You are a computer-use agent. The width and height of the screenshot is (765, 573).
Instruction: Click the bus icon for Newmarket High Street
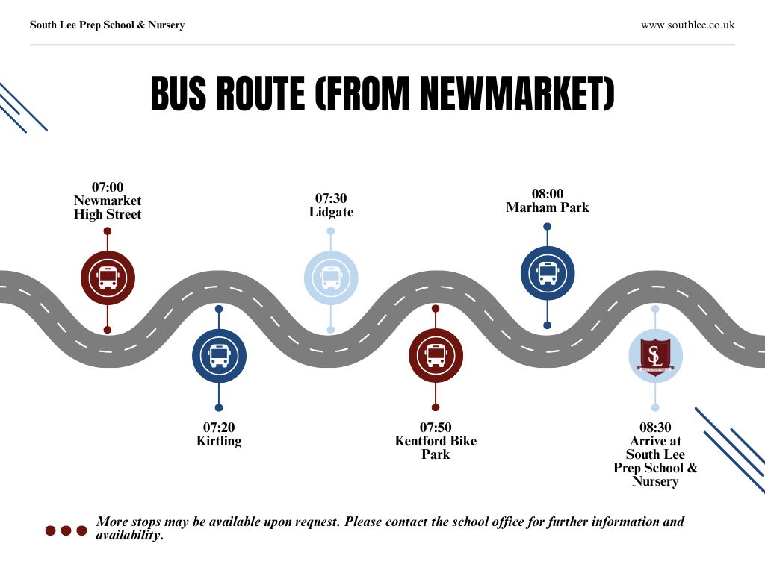[x=108, y=278]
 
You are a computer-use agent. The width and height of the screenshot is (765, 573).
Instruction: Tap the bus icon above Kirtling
[x=219, y=356]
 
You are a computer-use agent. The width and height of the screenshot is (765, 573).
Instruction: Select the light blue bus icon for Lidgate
[x=331, y=278]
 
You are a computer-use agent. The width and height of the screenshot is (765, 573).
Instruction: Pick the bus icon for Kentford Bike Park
[x=436, y=356]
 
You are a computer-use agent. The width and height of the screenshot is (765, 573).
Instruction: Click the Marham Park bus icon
[x=548, y=273]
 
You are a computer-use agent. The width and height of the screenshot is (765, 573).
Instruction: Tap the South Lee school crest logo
[x=655, y=356]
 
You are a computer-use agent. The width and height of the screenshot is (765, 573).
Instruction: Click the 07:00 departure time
[x=108, y=187]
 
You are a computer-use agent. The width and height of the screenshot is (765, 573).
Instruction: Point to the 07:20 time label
[x=219, y=428]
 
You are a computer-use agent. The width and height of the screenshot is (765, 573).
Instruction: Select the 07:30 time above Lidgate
[x=331, y=198]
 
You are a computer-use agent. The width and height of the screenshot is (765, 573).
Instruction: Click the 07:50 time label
[x=436, y=428]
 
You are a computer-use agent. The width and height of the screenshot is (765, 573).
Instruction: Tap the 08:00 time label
[x=547, y=193]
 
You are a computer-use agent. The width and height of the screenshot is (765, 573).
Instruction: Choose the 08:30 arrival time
[x=655, y=428]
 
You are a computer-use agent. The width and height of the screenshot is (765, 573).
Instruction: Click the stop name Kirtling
[x=219, y=441]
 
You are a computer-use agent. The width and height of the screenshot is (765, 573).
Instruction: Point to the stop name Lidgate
[x=331, y=212]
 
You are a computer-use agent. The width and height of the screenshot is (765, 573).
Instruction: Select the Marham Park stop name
[x=547, y=207]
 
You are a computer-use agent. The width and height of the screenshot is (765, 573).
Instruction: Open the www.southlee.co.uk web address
[x=687, y=25]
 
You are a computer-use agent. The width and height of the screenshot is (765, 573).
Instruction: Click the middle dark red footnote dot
[x=66, y=530]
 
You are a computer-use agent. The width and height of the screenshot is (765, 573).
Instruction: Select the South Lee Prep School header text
[x=107, y=25]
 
